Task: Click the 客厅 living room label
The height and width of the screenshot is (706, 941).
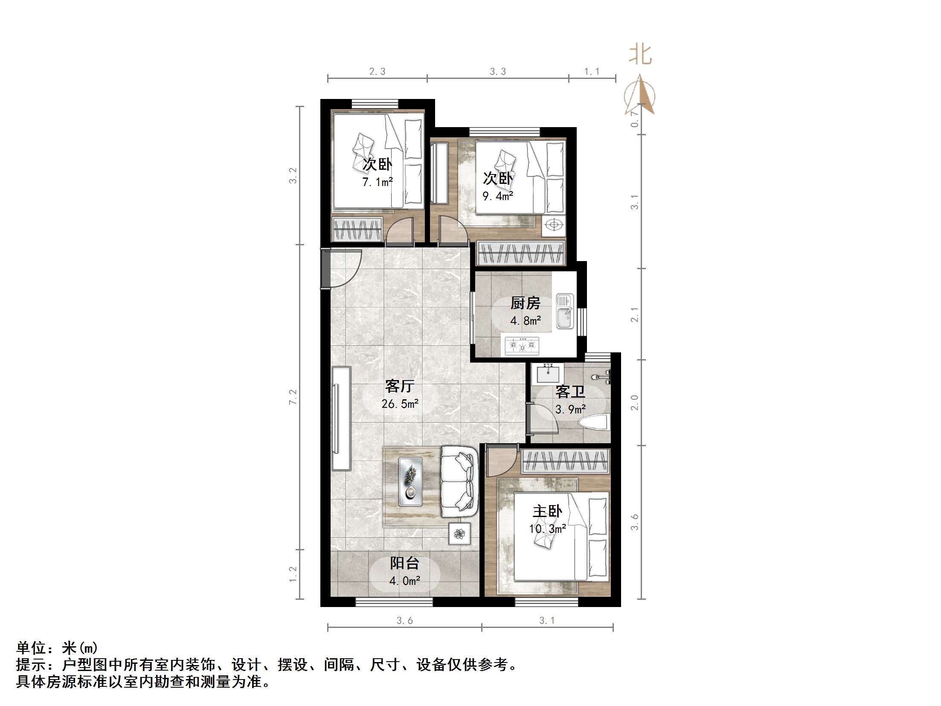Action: point(399,386)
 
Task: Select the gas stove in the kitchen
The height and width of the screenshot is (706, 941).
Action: point(522,345)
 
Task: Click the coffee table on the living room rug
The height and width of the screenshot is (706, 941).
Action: point(410,482)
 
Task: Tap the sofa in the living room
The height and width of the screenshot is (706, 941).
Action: point(459,482)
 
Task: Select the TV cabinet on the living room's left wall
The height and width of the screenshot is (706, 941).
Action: point(341,418)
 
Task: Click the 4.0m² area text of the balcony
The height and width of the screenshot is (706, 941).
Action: point(404,581)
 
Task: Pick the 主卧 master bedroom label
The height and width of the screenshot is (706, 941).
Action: point(547,511)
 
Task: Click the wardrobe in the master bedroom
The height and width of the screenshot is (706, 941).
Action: point(565,461)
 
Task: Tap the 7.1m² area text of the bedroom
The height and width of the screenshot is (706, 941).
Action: point(377,183)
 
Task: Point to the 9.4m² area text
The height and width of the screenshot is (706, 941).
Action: point(497,196)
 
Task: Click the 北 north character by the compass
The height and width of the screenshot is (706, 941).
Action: point(640,55)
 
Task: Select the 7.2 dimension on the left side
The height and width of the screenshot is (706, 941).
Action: point(293,397)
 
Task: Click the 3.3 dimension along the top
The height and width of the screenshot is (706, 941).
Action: point(497,72)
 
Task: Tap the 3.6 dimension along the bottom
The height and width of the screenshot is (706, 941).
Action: point(404,621)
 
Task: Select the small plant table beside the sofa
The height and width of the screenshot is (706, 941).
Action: point(459,534)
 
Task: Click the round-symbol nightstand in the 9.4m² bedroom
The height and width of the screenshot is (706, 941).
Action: point(554,225)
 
